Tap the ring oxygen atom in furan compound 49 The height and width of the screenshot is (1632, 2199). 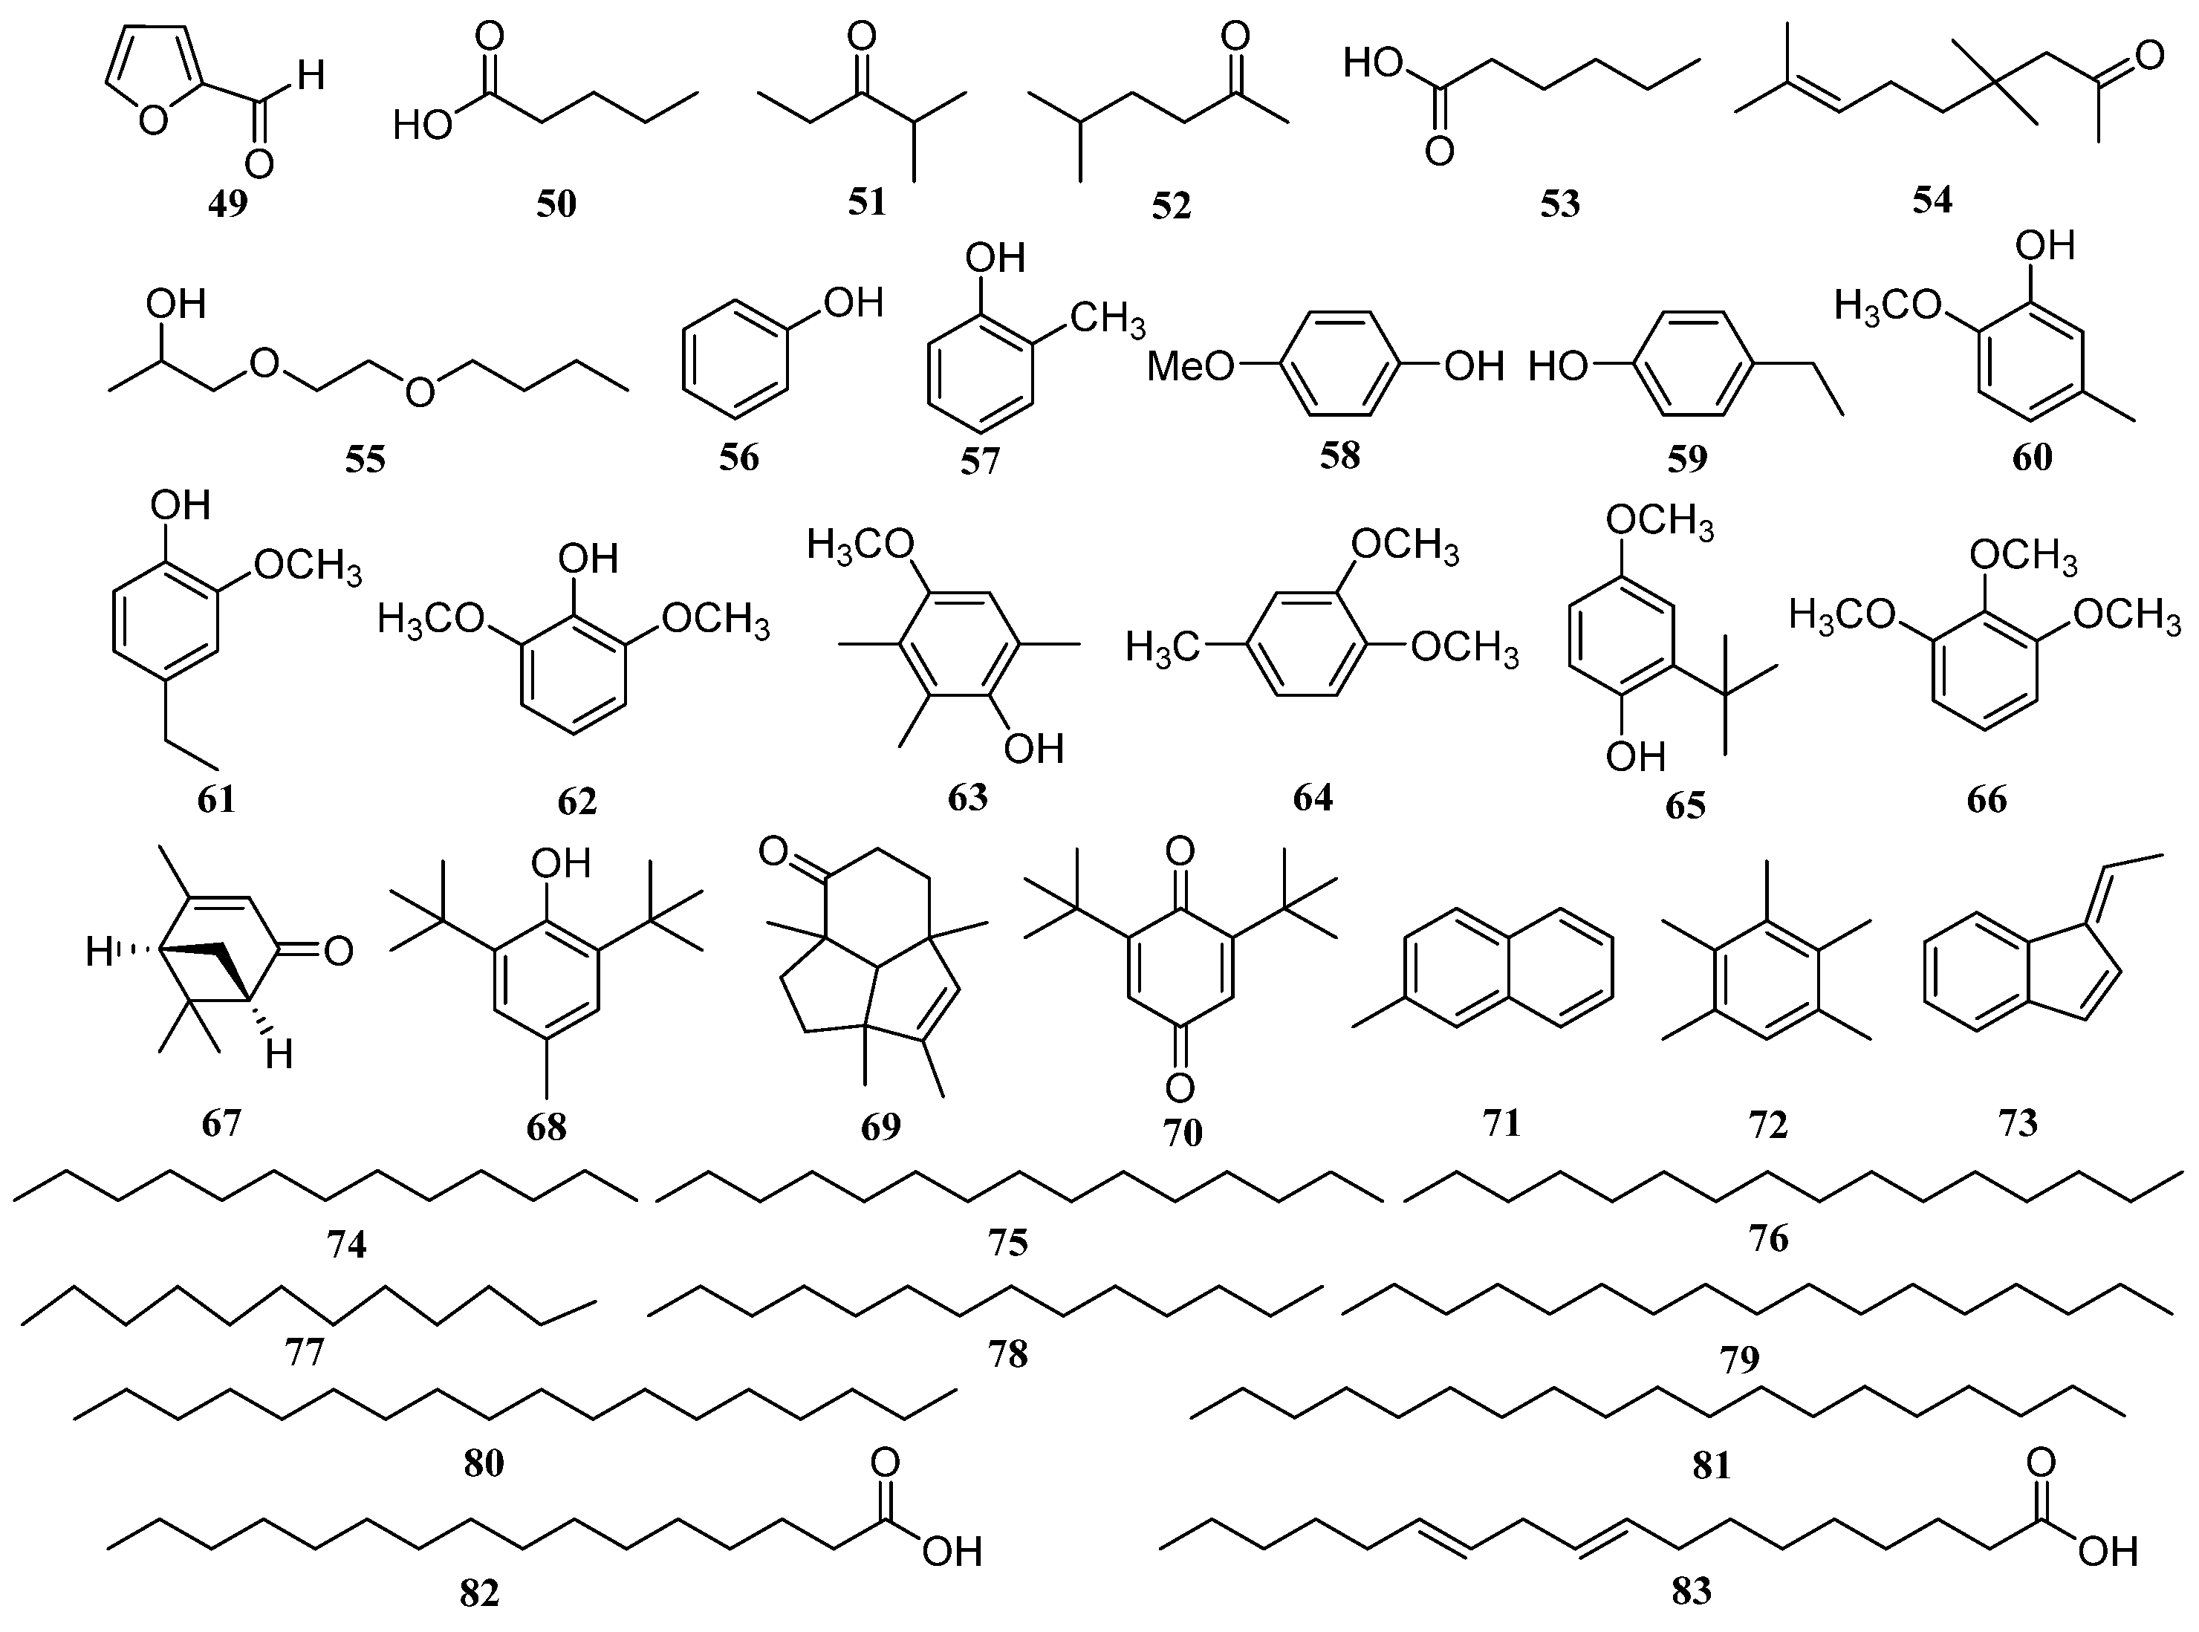(x=153, y=122)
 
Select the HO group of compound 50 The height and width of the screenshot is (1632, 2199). (x=423, y=126)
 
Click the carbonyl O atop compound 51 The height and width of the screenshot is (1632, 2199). (x=862, y=39)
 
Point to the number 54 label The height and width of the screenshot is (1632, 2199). (x=1932, y=200)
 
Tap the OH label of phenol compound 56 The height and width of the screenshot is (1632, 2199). (x=854, y=302)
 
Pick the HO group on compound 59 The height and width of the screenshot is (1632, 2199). (x=1558, y=368)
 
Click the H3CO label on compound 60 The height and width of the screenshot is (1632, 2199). (x=1888, y=306)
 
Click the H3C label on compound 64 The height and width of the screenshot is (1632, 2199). (x=1162, y=648)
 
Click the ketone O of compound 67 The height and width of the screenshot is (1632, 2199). (x=337, y=952)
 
